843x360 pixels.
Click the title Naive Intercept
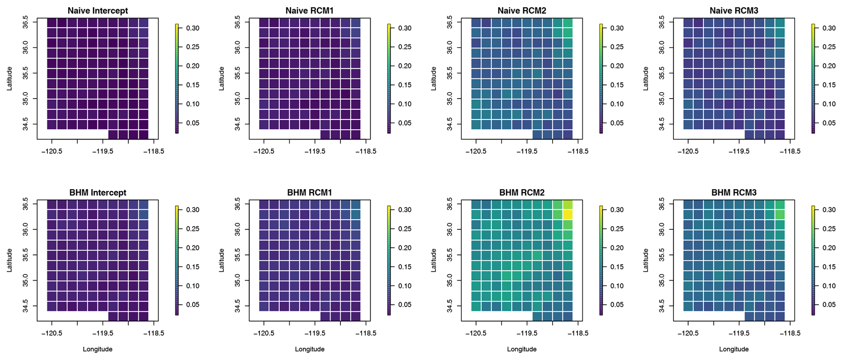(x=97, y=11)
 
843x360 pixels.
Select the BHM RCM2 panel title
(x=522, y=192)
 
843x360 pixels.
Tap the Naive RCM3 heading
(x=734, y=11)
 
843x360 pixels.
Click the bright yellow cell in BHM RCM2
(x=568, y=214)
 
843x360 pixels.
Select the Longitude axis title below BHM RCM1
(x=310, y=349)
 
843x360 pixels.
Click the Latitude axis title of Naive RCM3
(x=646, y=79)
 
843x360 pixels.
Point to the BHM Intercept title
(x=97, y=192)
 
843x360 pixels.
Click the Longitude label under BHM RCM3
(x=734, y=349)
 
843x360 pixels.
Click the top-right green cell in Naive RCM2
(x=568, y=23)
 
